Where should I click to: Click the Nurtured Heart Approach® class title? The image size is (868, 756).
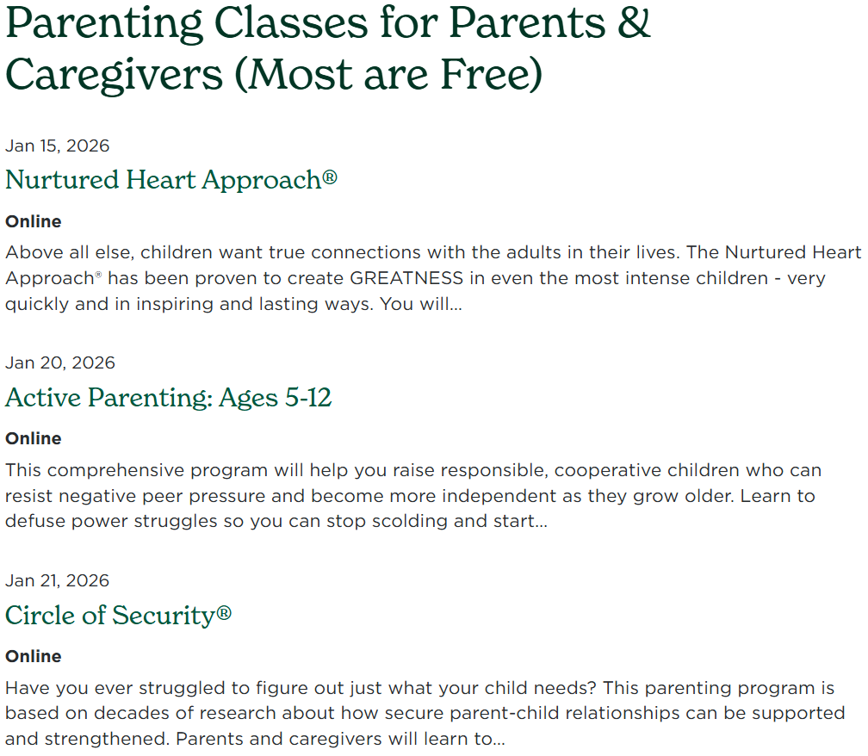click(170, 180)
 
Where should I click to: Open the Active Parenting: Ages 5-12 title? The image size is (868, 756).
click(168, 398)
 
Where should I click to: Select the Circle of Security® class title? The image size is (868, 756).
click(118, 616)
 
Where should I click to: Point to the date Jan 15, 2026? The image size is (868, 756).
click(58, 146)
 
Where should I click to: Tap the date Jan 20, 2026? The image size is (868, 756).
click(60, 363)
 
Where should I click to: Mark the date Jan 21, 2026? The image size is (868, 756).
click(58, 580)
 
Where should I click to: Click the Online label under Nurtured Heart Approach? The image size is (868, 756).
click(34, 221)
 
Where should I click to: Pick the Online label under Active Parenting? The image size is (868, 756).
click(34, 438)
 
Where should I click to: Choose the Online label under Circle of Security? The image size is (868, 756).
click(34, 656)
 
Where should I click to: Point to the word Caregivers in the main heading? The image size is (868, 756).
click(115, 75)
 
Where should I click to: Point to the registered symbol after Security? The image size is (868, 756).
click(224, 613)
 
